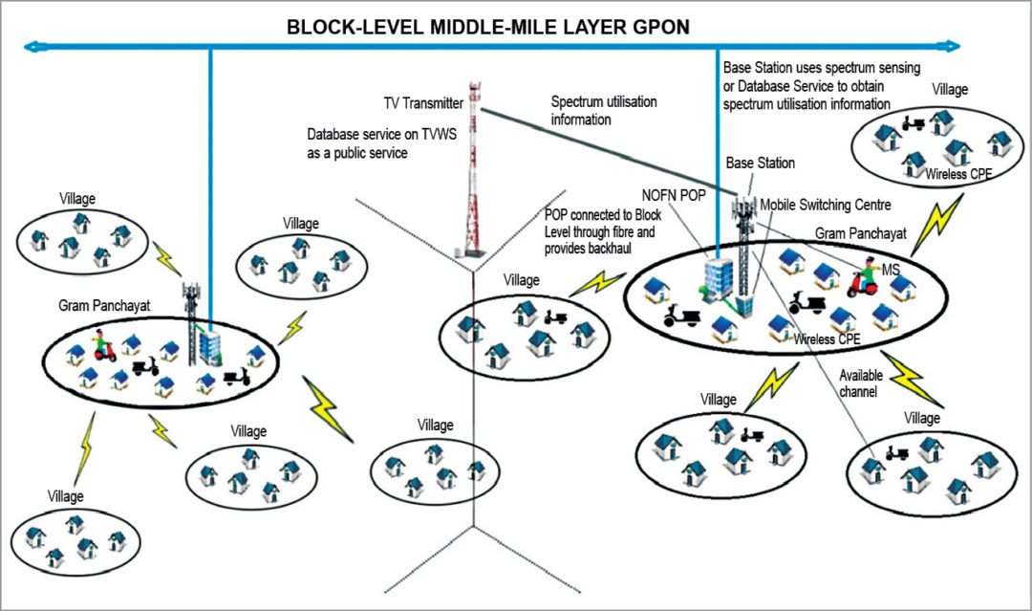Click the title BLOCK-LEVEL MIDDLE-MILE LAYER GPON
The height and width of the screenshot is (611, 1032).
point(487,26)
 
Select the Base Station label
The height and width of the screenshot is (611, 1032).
point(760,164)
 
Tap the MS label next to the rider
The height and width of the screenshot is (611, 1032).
point(891,273)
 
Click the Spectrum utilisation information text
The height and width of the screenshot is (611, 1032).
point(603,110)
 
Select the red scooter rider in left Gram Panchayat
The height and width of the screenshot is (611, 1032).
point(103,344)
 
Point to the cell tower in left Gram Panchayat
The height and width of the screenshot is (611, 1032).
point(191,320)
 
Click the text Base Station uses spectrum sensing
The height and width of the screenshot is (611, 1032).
point(821,69)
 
